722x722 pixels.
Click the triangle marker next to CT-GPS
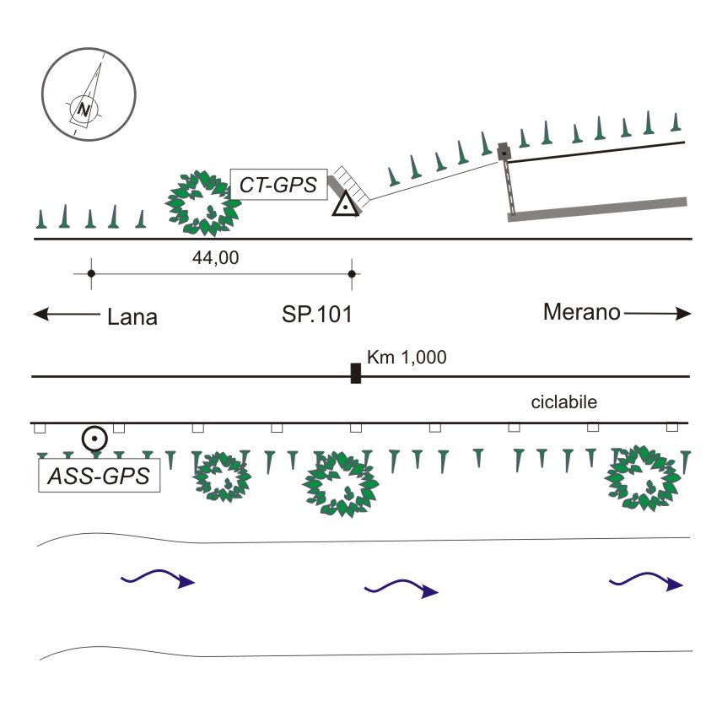pyautogui.click(x=345, y=204)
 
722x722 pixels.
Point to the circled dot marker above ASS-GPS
pyautogui.click(x=94, y=439)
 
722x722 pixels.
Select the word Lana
pyautogui.click(x=133, y=317)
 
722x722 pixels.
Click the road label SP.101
pyautogui.click(x=317, y=316)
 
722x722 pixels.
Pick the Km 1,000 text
pyautogui.click(x=407, y=358)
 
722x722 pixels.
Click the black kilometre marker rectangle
pyautogui.click(x=356, y=372)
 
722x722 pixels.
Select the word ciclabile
pyautogui.click(x=564, y=402)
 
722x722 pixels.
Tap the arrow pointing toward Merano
pyautogui.click(x=658, y=314)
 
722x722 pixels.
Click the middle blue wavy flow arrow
pyautogui.click(x=401, y=589)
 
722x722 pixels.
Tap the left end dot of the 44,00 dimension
pyautogui.click(x=91, y=273)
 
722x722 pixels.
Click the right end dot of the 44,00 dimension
pyautogui.click(x=353, y=273)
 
